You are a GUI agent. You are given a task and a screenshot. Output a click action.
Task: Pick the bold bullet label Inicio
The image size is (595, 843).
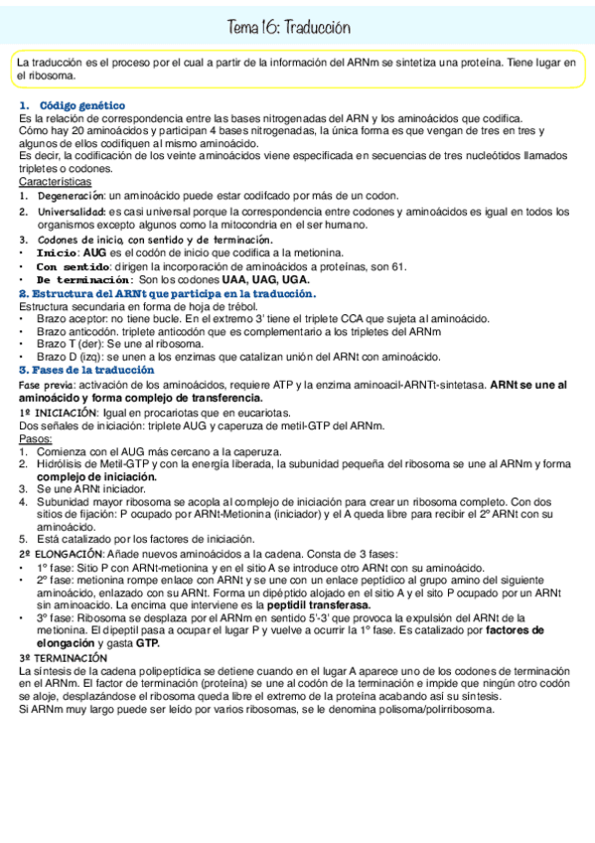(x=58, y=253)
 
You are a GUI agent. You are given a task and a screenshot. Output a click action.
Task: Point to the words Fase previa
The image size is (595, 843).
(x=45, y=384)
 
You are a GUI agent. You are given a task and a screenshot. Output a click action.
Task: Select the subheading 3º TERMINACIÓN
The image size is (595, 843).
(x=63, y=659)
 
